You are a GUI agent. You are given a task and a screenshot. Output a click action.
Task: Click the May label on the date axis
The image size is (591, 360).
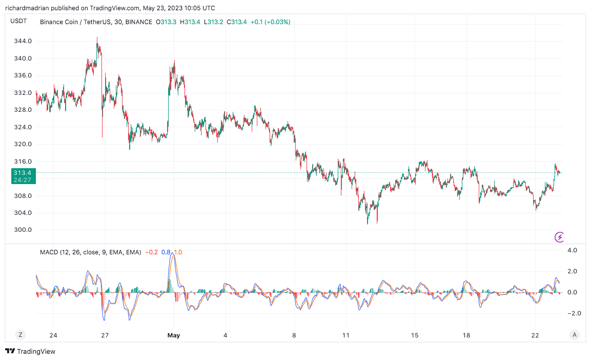tap(174, 335)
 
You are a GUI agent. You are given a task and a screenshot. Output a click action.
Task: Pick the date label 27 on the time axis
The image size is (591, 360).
tap(105, 335)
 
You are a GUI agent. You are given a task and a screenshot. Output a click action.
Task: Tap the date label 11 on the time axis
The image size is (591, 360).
tap(346, 335)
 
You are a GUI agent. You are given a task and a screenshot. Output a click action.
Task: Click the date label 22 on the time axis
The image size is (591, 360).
tap(536, 335)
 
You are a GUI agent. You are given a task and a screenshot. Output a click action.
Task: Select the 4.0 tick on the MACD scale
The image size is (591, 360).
tap(572, 250)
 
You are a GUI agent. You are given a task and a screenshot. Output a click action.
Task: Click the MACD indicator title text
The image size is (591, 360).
tap(90, 252)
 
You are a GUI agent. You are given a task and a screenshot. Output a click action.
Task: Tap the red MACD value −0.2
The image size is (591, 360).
tap(151, 252)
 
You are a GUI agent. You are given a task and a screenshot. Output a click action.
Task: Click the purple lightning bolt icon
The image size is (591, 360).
tap(560, 237)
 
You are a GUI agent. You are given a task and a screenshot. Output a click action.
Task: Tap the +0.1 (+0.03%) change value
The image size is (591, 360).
tap(271, 22)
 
